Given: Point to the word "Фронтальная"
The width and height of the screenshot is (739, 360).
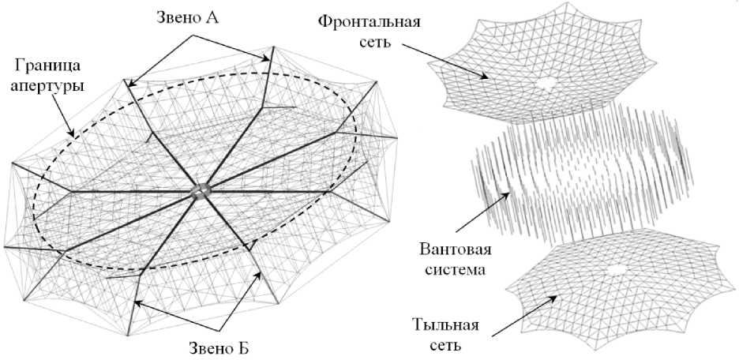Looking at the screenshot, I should [x=380, y=20].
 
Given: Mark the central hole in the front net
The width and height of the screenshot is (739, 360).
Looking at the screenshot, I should [x=543, y=83].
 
